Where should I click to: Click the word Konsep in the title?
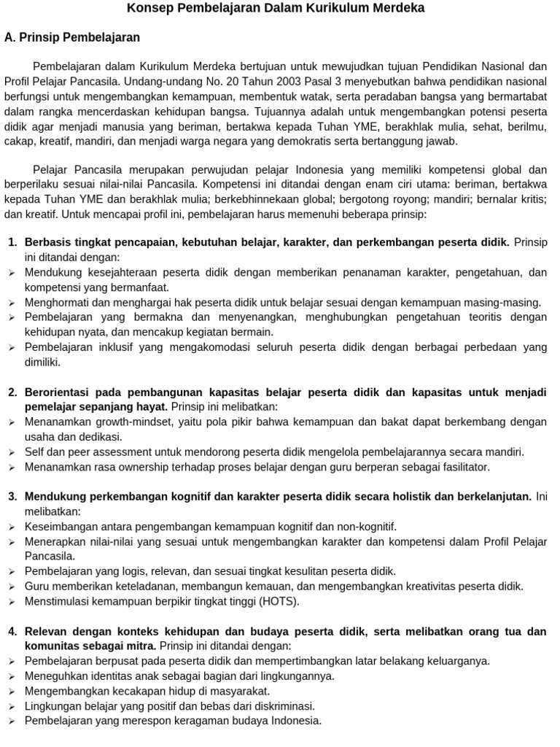pyautogui.click(x=150, y=8)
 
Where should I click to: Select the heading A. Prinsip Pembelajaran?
pyautogui.click(x=71, y=37)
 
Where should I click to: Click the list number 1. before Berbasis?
pyautogui.click(x=12, y=242)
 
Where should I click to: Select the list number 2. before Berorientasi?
pyautogui.click(x=12, y=392)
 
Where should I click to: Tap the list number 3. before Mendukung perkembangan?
pyautogui.click(x=12, y=496)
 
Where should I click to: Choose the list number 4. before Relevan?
pyautogui.click(x=12, y=631)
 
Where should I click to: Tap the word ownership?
pyautogui.click(x=134, y=467)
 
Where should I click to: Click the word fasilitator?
pyautogui.click(x=459, y=467)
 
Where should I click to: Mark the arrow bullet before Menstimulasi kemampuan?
pyautogui.click(x=12, y=602)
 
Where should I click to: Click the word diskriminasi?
pyautogui.click(x=277, y=705)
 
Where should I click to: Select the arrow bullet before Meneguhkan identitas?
pyautogui.click(x=12, y=676)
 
